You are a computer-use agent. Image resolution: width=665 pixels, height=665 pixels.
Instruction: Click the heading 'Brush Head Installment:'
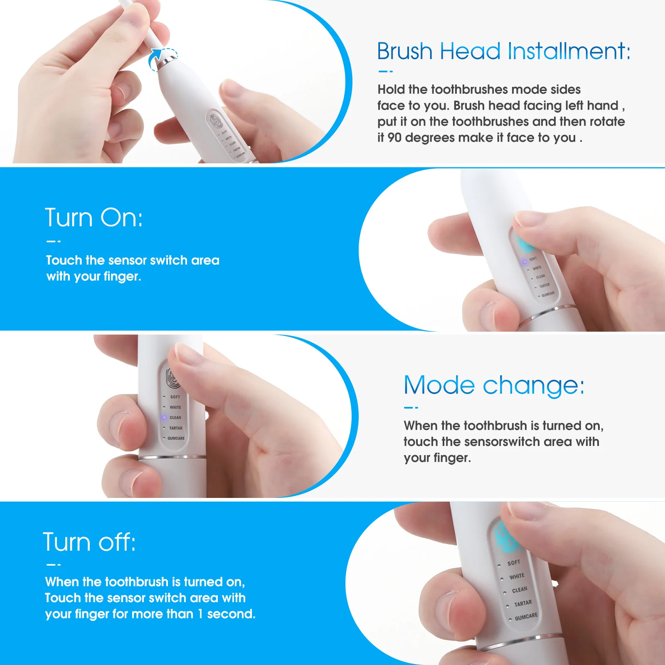[503, 51]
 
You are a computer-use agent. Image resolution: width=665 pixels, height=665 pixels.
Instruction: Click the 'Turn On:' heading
[94, 217]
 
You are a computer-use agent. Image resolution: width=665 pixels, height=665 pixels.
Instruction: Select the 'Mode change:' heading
[494, 385]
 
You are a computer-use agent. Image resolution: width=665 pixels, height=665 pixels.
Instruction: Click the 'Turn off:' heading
[89, 542]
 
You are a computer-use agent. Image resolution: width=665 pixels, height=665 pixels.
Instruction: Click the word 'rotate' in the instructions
[607, 121]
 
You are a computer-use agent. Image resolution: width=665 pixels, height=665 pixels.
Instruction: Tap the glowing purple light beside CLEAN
[164, 418]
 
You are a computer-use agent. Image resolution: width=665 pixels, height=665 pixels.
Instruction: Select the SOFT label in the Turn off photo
[514, 563]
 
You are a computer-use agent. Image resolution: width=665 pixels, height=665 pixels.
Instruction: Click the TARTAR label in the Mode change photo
[176, 428]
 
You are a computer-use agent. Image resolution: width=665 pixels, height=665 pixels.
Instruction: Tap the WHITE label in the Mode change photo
[175, 407]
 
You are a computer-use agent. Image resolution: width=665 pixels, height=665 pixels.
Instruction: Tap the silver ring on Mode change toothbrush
[172, 457]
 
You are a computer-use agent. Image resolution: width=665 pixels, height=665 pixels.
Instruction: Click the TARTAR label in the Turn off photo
[523, 603]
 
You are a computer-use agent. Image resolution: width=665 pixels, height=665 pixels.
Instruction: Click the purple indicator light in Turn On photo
[525, 262]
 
